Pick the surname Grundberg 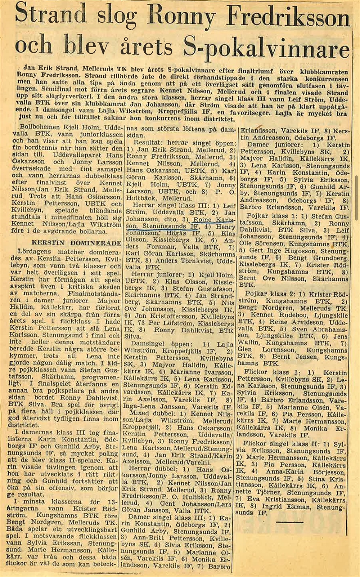pos(328,258)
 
